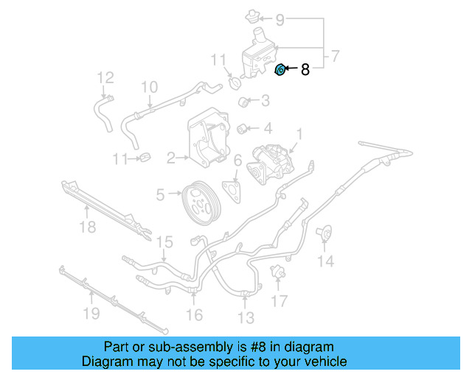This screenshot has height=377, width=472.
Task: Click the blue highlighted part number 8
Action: pyautogui.click(x=280, y=70)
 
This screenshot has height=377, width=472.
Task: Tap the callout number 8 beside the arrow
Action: pyautogui.click(x=305, y=71)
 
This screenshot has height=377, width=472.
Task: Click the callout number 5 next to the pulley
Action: pyautogui.click(x=160, y=195)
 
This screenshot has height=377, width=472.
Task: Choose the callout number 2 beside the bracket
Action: pyautogui.click(x=170, y=157)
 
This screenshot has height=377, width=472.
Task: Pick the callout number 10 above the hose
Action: pyautogui.click(x=149, y=88)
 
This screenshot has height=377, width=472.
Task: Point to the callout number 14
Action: pyautogui.click(x=325, y=261)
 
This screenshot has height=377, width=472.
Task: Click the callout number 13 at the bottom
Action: pyautogui.click(x=246, y=317)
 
